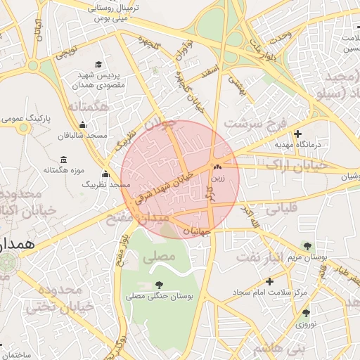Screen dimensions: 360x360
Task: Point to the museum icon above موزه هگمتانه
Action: click(64, 160)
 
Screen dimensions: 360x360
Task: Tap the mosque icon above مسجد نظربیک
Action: click(105, 174)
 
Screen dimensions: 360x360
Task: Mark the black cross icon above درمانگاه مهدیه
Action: click(297, 134)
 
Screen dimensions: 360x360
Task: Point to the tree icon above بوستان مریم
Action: click(307, 246)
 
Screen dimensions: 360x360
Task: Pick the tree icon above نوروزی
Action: click(305, 314)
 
